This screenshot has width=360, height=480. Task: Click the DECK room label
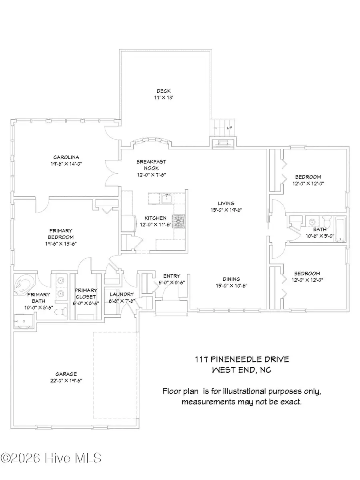[164, 91]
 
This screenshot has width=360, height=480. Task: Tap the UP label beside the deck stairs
[229, 128]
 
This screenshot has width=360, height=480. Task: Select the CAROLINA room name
[65, 157]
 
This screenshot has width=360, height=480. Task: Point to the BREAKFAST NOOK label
[151, 165]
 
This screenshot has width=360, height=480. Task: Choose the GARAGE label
[66, 374]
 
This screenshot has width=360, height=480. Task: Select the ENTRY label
[172, 276]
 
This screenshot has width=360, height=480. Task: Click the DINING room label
[232, 279]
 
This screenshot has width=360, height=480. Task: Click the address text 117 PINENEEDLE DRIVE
[242, 360]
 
